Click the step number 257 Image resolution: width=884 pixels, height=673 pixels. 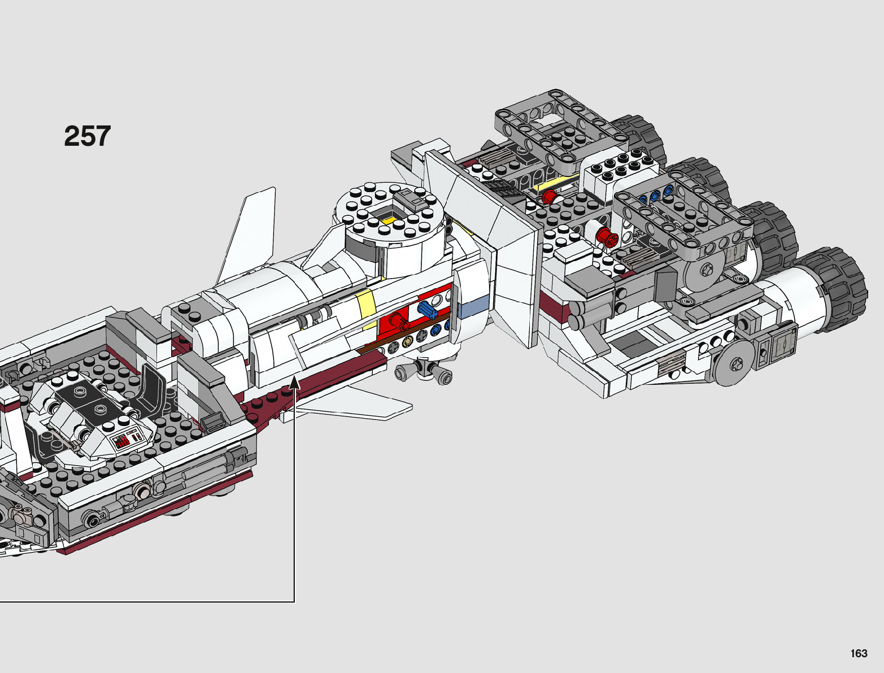[88, 137]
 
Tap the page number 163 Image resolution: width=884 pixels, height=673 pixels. [858, 654]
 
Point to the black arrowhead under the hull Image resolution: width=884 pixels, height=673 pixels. [294, 385]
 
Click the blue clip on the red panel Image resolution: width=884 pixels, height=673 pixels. [427, 310]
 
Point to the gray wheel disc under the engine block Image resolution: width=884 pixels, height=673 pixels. [735, 364]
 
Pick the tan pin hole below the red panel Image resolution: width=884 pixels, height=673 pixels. [407, 341]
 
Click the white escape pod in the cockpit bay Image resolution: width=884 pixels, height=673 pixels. [90, 415]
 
